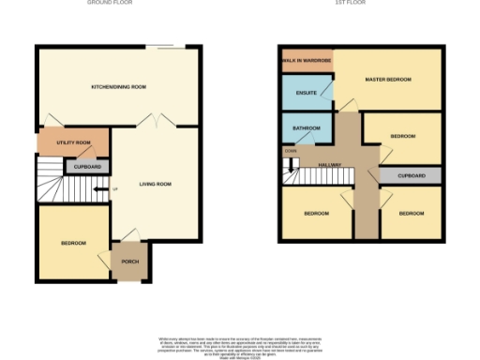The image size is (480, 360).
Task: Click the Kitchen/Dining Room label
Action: point(118,87)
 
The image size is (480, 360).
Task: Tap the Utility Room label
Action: point(73,142)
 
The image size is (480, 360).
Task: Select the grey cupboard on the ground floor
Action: point(86,167)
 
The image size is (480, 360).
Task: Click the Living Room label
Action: point(154,184)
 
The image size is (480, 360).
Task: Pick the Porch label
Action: point(129,262)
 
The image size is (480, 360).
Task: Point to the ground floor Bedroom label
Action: point(73,243)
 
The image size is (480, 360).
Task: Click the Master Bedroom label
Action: point(388,81)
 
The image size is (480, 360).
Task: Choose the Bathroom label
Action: point(307,128)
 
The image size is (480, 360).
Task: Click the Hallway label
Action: point(329,166)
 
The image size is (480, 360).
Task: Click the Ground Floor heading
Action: point(110,4)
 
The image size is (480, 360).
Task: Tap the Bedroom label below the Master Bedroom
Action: point(403,137)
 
